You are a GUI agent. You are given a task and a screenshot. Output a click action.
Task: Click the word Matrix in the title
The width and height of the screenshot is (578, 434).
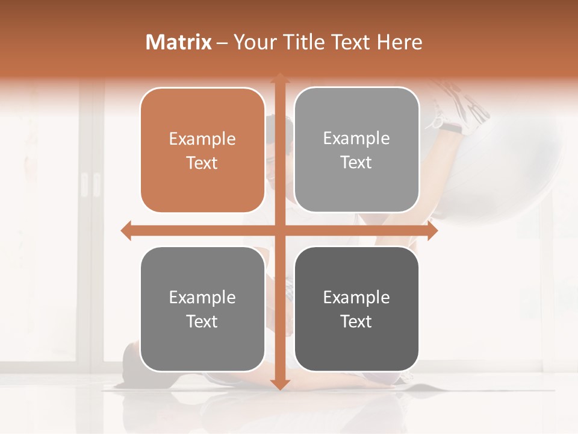179,42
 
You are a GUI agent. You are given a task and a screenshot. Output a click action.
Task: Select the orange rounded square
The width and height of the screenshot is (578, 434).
202,151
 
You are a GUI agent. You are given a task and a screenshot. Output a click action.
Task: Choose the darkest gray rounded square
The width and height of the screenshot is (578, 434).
356,309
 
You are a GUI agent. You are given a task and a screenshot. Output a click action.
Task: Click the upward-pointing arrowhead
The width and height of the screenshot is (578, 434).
279,78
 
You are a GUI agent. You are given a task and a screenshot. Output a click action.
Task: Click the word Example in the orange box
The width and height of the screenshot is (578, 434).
202,139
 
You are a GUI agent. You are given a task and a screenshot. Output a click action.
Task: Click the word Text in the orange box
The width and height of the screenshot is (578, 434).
202,163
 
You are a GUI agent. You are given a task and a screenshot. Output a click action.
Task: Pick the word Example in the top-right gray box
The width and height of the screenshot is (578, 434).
356,139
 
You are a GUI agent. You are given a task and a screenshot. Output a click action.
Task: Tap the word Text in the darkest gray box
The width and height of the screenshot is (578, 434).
356,321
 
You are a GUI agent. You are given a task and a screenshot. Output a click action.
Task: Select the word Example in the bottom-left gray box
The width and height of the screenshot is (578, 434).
202,297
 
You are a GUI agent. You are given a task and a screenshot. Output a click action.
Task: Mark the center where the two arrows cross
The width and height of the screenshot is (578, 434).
279,231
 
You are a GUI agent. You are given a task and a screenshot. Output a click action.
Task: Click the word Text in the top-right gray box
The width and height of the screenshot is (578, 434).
356,163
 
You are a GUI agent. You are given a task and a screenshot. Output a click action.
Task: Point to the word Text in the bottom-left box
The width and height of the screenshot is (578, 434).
202,321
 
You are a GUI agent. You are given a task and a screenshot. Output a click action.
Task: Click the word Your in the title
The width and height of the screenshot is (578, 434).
253,42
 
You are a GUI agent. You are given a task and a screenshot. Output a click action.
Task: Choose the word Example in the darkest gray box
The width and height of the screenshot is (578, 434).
356,297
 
